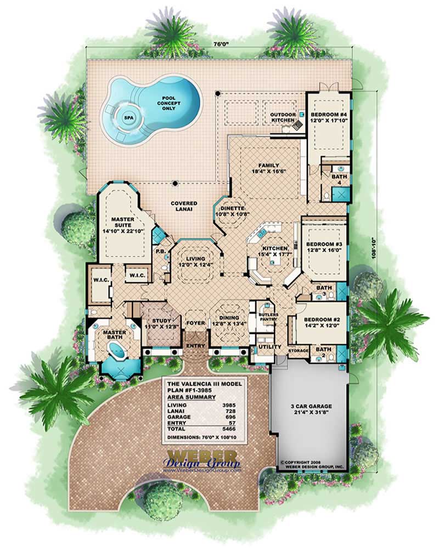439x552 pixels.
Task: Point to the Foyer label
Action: [195, 323]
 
